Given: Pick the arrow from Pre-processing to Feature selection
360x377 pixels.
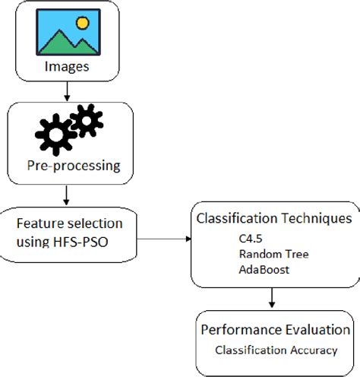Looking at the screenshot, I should [x=67, y=195].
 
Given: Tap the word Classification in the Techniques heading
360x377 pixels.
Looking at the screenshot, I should [x=233, y=219].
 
